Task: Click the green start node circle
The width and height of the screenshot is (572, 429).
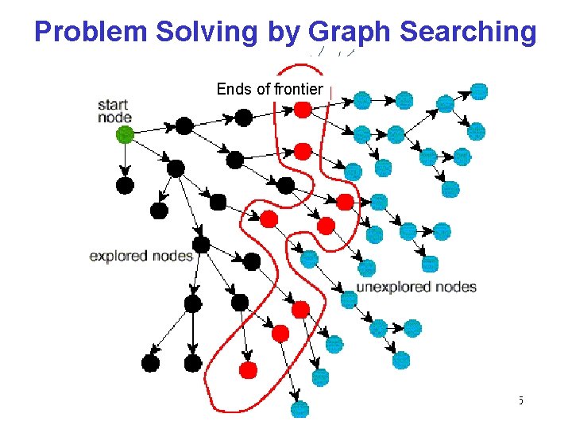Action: (125, 135)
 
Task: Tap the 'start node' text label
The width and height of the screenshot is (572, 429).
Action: (114, 110)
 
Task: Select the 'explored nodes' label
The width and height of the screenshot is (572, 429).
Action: (141, 256)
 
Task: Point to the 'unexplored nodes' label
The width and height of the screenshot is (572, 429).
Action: (416, 287)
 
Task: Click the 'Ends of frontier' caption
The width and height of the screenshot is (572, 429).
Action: (269, 89)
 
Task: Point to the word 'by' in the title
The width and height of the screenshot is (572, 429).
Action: (287, 33)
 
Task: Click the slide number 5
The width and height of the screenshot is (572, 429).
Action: (520, 400)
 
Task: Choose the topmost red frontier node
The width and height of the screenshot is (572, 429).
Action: (302, 110)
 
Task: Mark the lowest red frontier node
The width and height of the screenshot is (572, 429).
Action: (248, 369)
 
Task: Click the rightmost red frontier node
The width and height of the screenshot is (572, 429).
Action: (345, 202)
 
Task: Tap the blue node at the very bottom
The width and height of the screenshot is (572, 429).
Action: (300, 409)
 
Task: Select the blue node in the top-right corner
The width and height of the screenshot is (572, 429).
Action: (479, 91)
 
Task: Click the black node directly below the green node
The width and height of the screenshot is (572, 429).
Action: (125, 185)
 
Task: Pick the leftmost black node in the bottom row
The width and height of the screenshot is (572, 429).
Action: (150, 363)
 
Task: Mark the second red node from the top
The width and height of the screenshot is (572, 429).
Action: (302, 149)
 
